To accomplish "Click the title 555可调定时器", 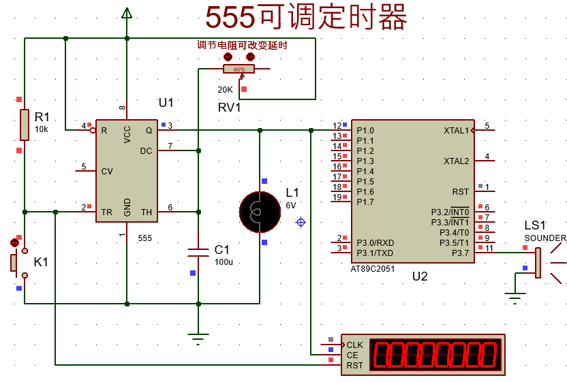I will point(307,17).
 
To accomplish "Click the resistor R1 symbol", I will point(25,125).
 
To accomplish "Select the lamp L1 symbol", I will point(260,211).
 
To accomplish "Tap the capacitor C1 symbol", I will point(198,252).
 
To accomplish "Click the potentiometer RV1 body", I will point(239,69).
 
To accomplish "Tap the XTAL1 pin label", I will point(456,130).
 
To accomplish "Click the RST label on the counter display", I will point(354,365).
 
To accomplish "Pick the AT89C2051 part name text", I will point(372,268).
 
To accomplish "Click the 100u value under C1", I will point(224,262).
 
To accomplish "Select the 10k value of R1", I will point(42,129).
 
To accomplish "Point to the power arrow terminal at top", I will point(126,13).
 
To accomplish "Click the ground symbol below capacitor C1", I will point(198,338).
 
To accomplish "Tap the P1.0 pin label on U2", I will point(365,130).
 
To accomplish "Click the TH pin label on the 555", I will point(147,212).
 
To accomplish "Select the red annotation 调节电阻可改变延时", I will point(241,46).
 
